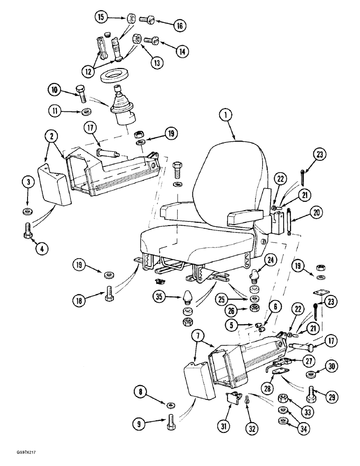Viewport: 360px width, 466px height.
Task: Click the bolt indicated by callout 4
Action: tap(27, 230)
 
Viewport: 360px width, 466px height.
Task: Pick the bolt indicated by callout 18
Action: tap(110, 292)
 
